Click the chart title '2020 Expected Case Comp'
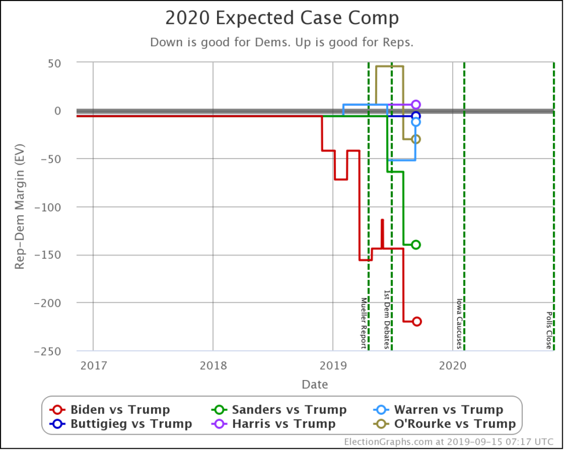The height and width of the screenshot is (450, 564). (x=282, y=18)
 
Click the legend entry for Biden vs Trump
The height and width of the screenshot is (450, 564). (x=110, y=410)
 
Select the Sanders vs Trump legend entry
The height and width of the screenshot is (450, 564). (x=279, y=410)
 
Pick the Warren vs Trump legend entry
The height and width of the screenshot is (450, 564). (x=438, y=410)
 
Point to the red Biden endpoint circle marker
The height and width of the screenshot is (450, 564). (x=416, y=322)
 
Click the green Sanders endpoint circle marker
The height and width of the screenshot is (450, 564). (x=416, y=245)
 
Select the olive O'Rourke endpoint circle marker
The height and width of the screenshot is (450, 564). (x=416, y=139)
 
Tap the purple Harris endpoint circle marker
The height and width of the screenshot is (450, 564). (x=416, y=105)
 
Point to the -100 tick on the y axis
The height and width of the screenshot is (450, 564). (x=50, y=207)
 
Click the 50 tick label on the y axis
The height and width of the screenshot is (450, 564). (x=54, y=63)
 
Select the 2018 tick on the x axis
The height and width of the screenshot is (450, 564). (x=213, y=365)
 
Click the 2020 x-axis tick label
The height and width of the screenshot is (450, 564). (x=452, y=365)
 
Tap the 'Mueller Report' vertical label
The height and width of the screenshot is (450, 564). (x=364, y=323)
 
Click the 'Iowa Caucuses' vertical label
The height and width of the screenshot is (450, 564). (x=459, y=324)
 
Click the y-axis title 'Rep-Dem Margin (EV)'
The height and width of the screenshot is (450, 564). (x=20, y=207)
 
